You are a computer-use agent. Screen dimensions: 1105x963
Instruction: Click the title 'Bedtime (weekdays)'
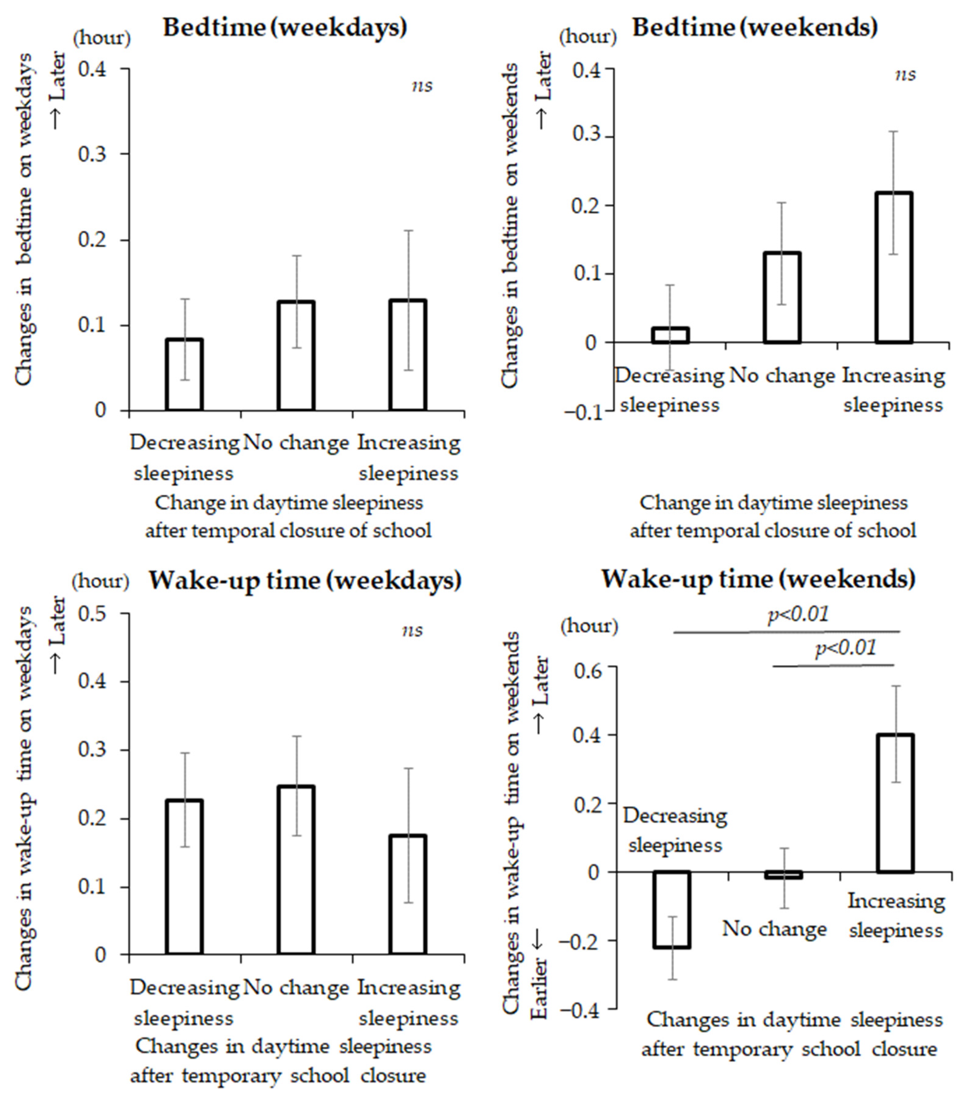[x=285, y=27]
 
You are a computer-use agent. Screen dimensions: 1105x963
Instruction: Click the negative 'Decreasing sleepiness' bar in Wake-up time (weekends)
[x=672, y=910]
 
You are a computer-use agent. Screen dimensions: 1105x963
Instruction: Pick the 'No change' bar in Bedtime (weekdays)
[x=296, y=356]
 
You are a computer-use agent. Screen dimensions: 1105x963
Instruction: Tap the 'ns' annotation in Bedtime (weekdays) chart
[x=422, y=86]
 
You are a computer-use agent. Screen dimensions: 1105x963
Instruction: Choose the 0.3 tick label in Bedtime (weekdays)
[x=93, y=154]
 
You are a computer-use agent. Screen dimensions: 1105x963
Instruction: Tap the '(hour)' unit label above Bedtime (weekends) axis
[x=588, y=37]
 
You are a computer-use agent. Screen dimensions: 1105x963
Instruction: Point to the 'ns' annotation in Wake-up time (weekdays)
[x=413, y=630]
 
